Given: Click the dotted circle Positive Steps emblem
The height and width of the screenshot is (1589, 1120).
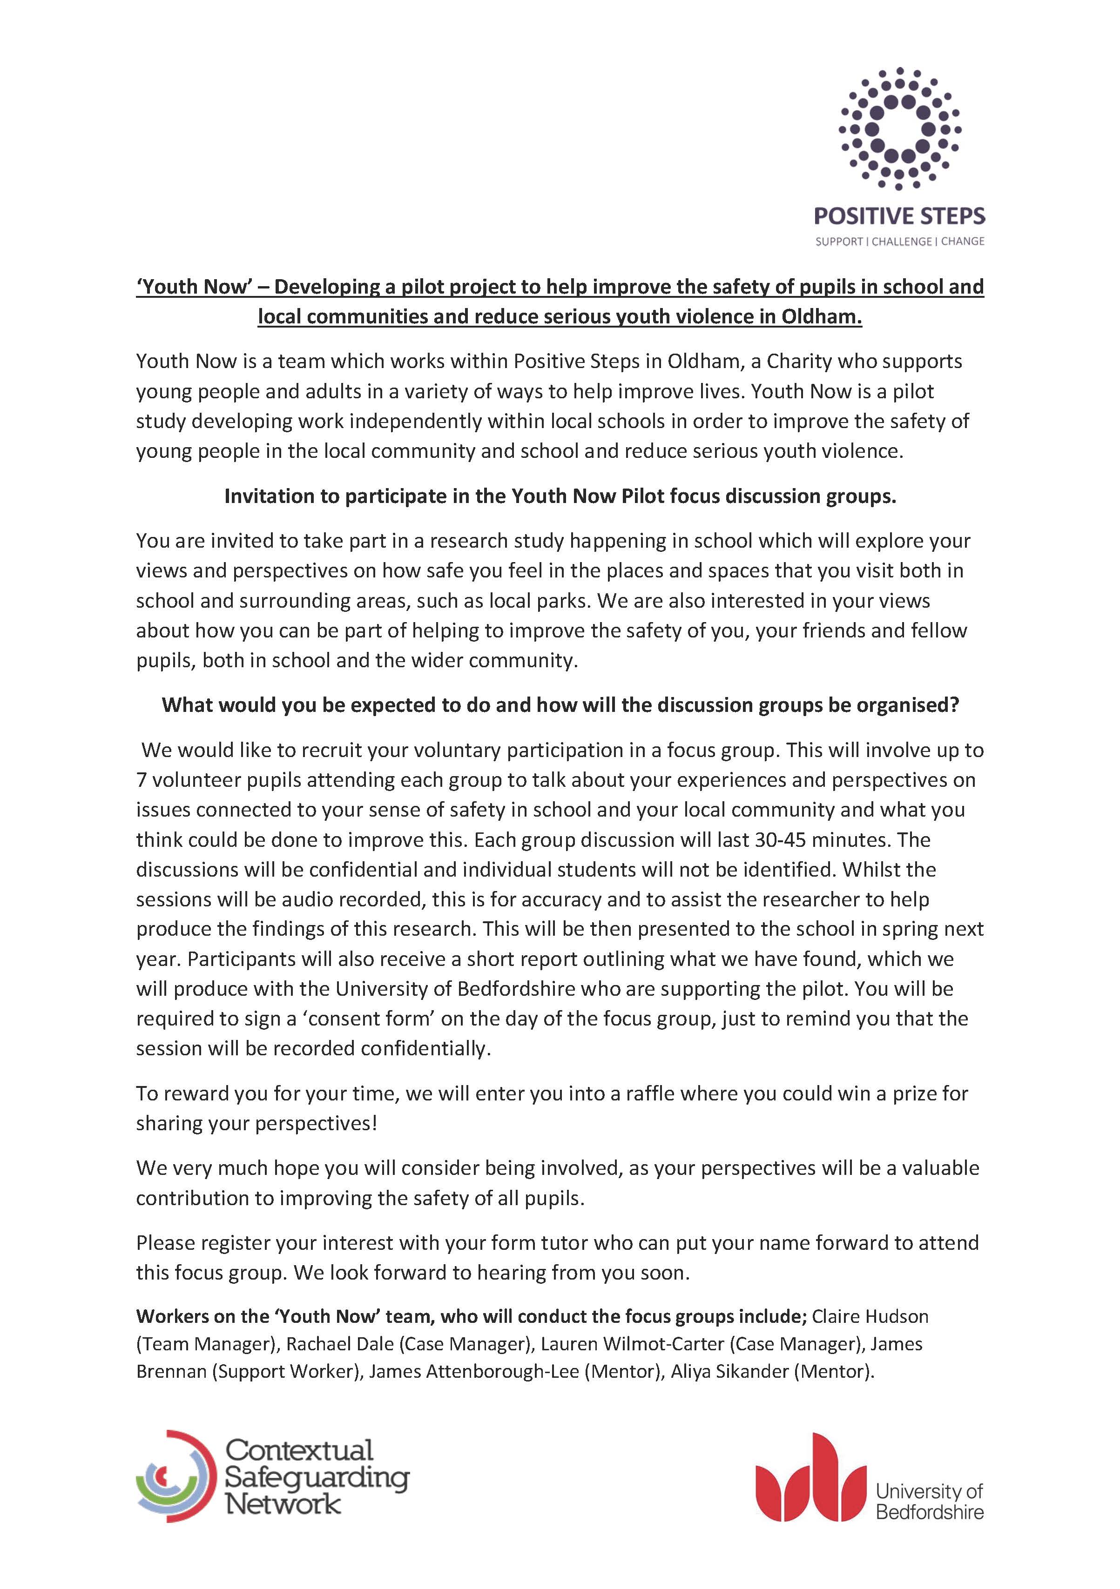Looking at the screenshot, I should point(899,129).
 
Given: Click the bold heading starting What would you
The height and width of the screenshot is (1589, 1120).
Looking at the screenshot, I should point(560,705).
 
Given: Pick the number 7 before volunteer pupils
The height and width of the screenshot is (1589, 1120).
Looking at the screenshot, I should point(141,780).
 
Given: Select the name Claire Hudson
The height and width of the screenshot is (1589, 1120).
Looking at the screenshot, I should point(870,1316).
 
